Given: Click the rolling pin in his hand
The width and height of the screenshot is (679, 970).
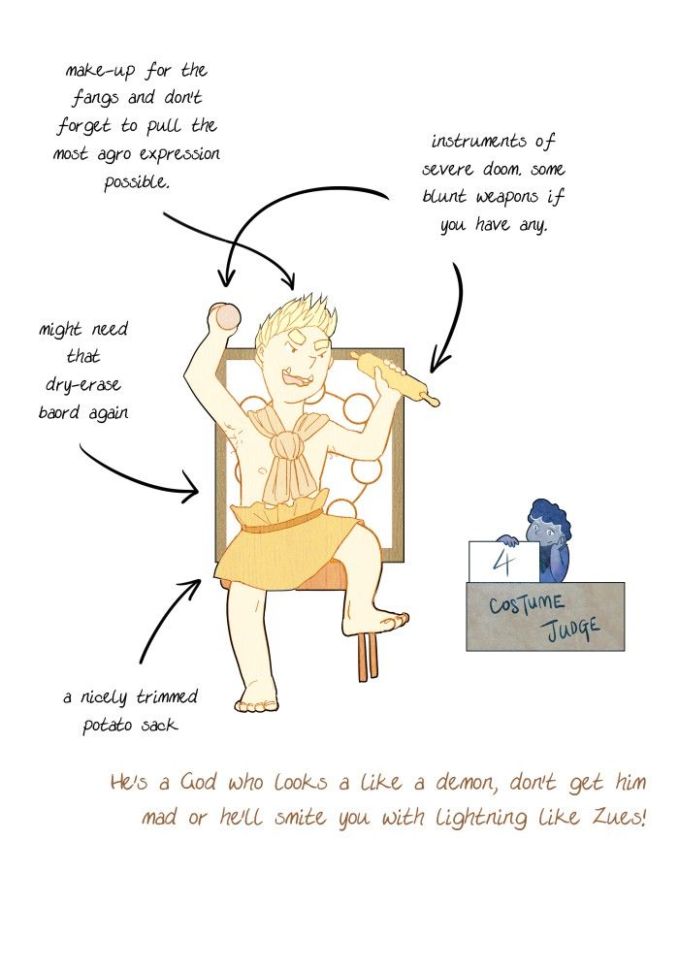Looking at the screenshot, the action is click(x=395, y=378).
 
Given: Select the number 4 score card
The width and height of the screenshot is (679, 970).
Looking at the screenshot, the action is click(x=504, y=561).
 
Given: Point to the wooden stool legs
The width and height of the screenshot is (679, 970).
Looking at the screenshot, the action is click(x=367, y=657).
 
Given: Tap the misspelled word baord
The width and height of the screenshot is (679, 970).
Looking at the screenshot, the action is click(x=59, y=412).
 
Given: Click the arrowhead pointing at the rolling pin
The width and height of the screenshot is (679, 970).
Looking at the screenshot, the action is click(x=439, y=364).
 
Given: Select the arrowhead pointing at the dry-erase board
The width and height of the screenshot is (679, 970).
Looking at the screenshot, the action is click(x=190, y=491).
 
